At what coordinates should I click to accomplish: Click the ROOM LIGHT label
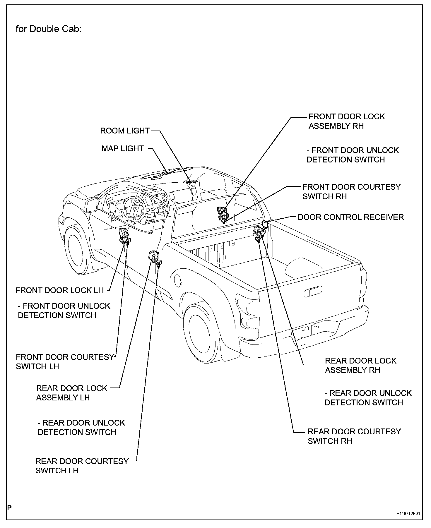pos(125,131)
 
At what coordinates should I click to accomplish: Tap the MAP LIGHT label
pos(123,149)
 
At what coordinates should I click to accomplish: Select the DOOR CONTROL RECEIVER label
pos(351,217)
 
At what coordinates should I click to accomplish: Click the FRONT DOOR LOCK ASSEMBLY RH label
pos(347,121)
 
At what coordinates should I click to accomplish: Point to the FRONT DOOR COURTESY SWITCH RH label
pos(351,191)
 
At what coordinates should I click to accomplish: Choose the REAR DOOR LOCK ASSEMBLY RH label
pos(360,365)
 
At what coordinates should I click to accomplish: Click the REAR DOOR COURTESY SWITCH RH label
pos(354,436)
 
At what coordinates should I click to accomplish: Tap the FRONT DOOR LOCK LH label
pos(59,290)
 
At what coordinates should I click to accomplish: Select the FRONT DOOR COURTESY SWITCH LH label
pos(65,361)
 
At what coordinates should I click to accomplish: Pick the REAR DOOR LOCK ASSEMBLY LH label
pos(72,393)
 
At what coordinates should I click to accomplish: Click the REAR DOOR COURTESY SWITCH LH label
pos(82,466)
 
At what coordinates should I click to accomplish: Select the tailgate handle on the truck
pos(313,292)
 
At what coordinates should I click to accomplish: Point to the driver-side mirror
pos(92,204)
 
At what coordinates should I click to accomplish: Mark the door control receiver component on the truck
pos(266,224)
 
